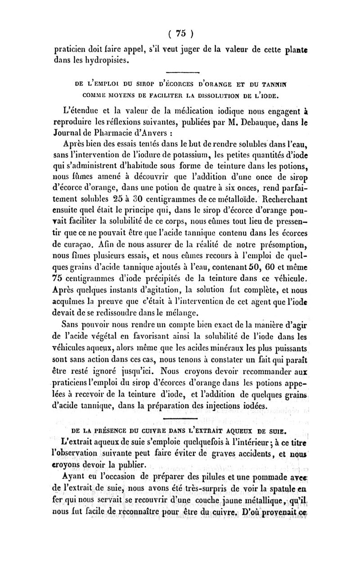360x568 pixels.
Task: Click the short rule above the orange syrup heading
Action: (180, 72)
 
